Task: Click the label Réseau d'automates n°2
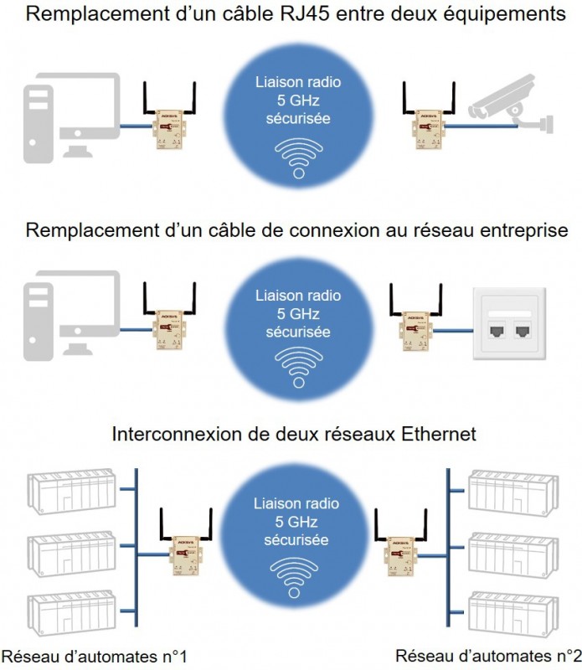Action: pyautogui.click(x=488, y=654)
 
